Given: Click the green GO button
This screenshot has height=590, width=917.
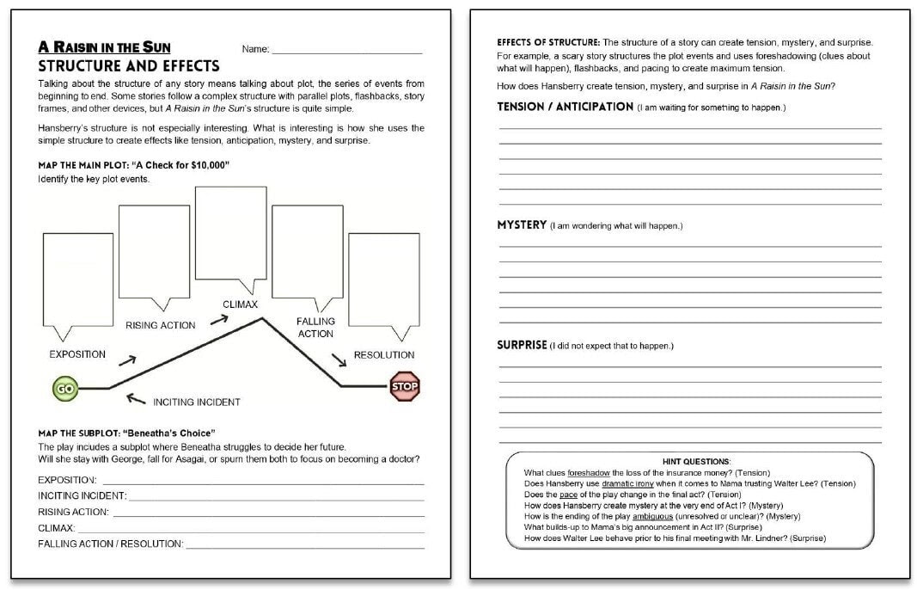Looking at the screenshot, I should click(64, 389).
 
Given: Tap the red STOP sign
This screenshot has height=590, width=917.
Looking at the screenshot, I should click(405, 387).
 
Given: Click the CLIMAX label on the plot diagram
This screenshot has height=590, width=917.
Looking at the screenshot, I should click(240, 304).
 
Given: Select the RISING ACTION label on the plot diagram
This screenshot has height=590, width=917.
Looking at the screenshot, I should click(161, 325).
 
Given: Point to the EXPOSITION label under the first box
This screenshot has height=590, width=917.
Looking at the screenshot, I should click(77, 354).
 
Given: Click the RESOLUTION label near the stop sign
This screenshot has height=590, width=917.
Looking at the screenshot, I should click(384, 354).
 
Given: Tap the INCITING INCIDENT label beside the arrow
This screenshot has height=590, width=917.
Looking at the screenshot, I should click(196, 402).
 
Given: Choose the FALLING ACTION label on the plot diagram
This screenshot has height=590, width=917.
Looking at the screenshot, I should click(315, 328).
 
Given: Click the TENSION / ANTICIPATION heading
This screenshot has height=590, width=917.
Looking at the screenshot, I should click(565, 107).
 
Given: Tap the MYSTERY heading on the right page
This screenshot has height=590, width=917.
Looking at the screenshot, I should click(522, 224).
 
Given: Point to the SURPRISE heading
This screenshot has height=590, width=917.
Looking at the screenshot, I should click(522, 345).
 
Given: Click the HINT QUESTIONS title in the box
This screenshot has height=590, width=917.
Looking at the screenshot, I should click(696, 462).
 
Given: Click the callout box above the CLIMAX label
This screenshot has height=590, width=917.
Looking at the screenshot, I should click(230, 232).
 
